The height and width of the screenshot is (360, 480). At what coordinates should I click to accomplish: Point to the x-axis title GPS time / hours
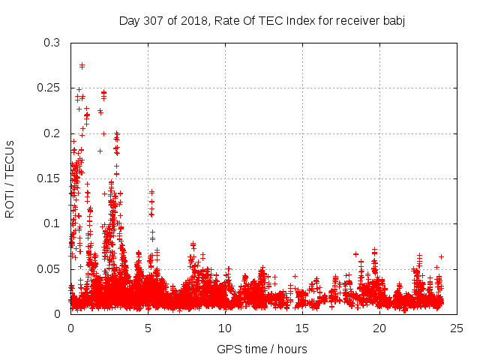pyautogui.click(x=262, y=349)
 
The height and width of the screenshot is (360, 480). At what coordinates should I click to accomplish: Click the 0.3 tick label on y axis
pyautogui.click(x=52, y=43)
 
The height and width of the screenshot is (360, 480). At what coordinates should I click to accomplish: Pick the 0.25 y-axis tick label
pyautogui.click(x=49, y=88)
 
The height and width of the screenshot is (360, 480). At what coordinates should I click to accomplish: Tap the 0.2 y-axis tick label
pyautogui.click(x=52, y=133)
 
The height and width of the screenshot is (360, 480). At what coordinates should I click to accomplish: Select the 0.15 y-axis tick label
pyautogui.click(x=49, y=178)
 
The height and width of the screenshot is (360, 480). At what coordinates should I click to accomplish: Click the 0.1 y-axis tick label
pyautogui.click(x=52, y=223)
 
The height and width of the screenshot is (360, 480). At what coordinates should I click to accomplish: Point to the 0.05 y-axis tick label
pyautogui.click(x=49, y=268)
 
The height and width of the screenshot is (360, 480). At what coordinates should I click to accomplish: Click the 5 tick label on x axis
pyautogui.click(x=148, y=328)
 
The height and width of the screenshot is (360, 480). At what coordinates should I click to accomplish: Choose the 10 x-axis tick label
pyautogui.click(x=226, y=328)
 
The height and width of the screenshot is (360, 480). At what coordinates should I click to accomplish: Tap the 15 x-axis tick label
pyautogui.click(x=303, y=328)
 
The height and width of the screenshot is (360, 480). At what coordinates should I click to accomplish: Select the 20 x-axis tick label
pyautogui.click(x=380, y=328)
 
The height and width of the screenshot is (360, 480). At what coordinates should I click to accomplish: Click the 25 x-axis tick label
pyautogui.click(x=457, y=328)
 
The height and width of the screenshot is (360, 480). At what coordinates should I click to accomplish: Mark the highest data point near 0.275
pyautogui.click(x=82, y=66)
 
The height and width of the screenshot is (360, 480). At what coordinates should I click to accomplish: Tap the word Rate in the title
pyautogui.click(x=226, y=20)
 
